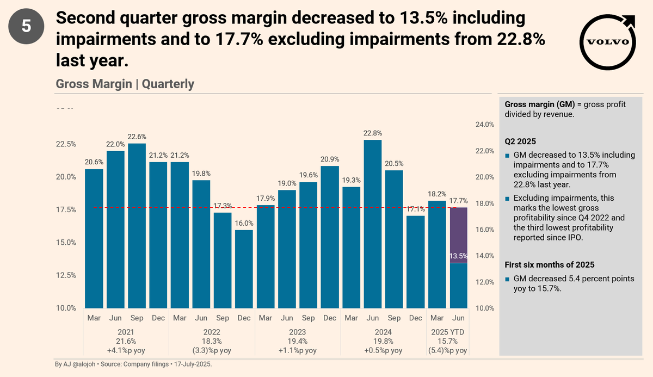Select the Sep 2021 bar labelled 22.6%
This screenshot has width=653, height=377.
tap(137, 225)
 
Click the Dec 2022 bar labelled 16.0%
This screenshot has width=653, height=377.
tap(244, 269)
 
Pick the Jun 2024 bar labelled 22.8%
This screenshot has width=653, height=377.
tap(373, 224)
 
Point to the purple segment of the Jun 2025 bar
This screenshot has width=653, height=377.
tap(459, 235)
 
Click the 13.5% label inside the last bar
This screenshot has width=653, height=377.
tap(459, 256)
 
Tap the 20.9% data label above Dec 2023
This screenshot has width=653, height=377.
tap(330, 159)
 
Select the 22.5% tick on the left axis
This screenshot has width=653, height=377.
tap(66, 144)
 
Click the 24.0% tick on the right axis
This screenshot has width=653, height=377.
tap(485, 125)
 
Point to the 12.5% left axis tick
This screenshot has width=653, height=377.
tap(66, 275)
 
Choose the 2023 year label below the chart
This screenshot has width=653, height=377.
tap(298, 332)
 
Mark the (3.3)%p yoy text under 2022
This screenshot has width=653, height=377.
tap(212, 350)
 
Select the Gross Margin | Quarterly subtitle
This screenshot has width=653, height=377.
tap(125, 84)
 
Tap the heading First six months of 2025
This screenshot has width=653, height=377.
tap(549, 265)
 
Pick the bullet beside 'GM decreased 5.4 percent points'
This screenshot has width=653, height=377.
tap(507, 279)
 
